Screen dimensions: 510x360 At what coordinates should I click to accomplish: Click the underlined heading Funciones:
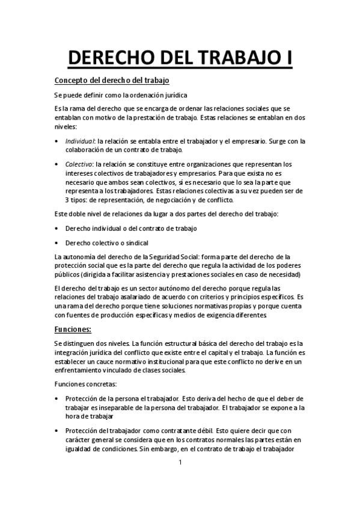click(x=73, y=329)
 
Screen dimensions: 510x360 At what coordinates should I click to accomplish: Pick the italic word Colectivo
click(x=79, y=164)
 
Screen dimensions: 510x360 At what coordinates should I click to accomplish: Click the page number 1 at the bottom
click(x=180, y=462)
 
